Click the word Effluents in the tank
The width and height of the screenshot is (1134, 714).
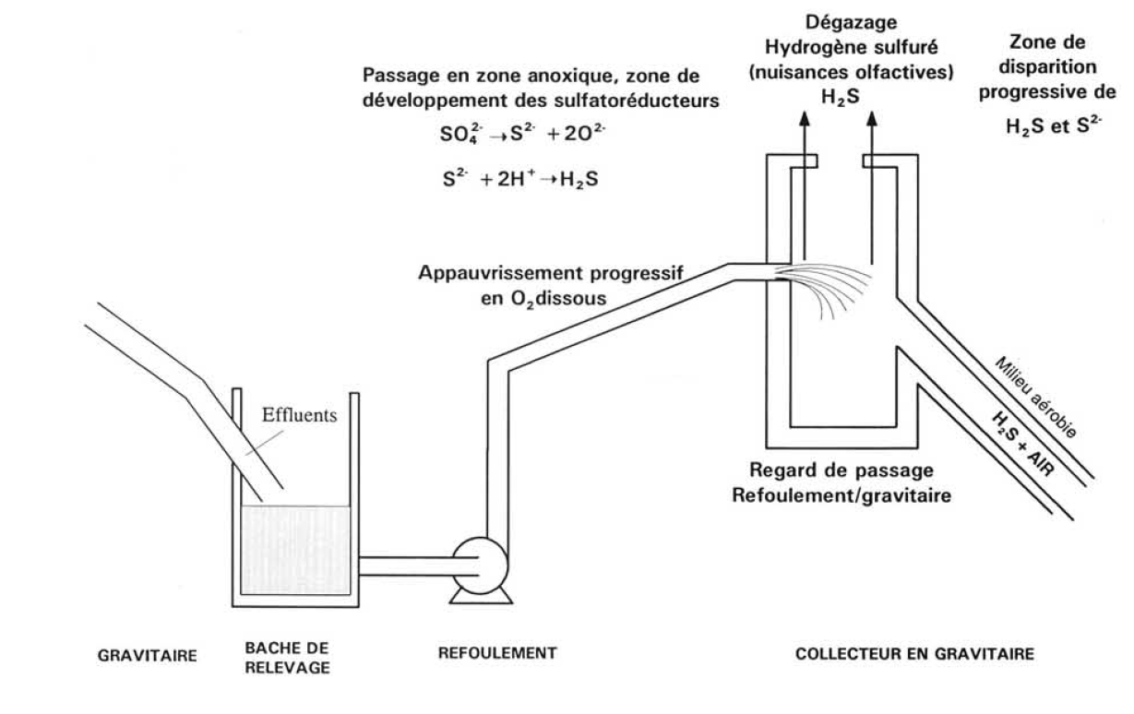(299, 414)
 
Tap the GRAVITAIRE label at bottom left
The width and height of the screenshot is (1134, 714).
(148, 656)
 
